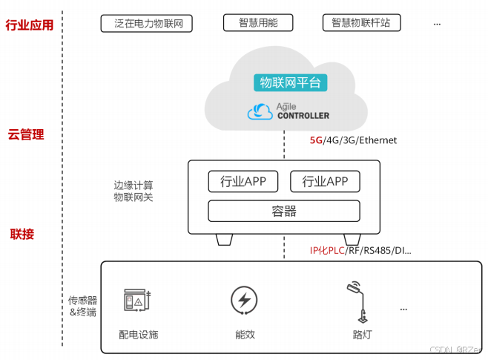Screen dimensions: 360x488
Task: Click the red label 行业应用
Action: pos(30,25)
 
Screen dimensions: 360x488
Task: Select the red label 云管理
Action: pos(26,134)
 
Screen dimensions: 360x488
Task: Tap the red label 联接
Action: pos(22,235)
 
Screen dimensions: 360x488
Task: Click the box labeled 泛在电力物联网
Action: pos(147,24)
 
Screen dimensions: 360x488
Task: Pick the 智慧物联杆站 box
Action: pos(361,23)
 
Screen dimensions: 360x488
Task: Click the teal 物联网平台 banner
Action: pos(290,82)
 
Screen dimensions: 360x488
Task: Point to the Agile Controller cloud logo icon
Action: pos(260,112)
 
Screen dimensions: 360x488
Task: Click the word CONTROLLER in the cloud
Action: pos(303,116)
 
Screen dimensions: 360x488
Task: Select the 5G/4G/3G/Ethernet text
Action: pos(353,140)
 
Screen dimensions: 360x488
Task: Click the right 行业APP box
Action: pos(325,181)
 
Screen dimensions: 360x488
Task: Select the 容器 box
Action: pos(284,211)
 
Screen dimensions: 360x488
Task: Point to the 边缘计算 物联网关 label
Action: pos(133,191)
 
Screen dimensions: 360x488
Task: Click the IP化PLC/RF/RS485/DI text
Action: pos(360,250)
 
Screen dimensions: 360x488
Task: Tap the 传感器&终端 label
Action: pos(82,307)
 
